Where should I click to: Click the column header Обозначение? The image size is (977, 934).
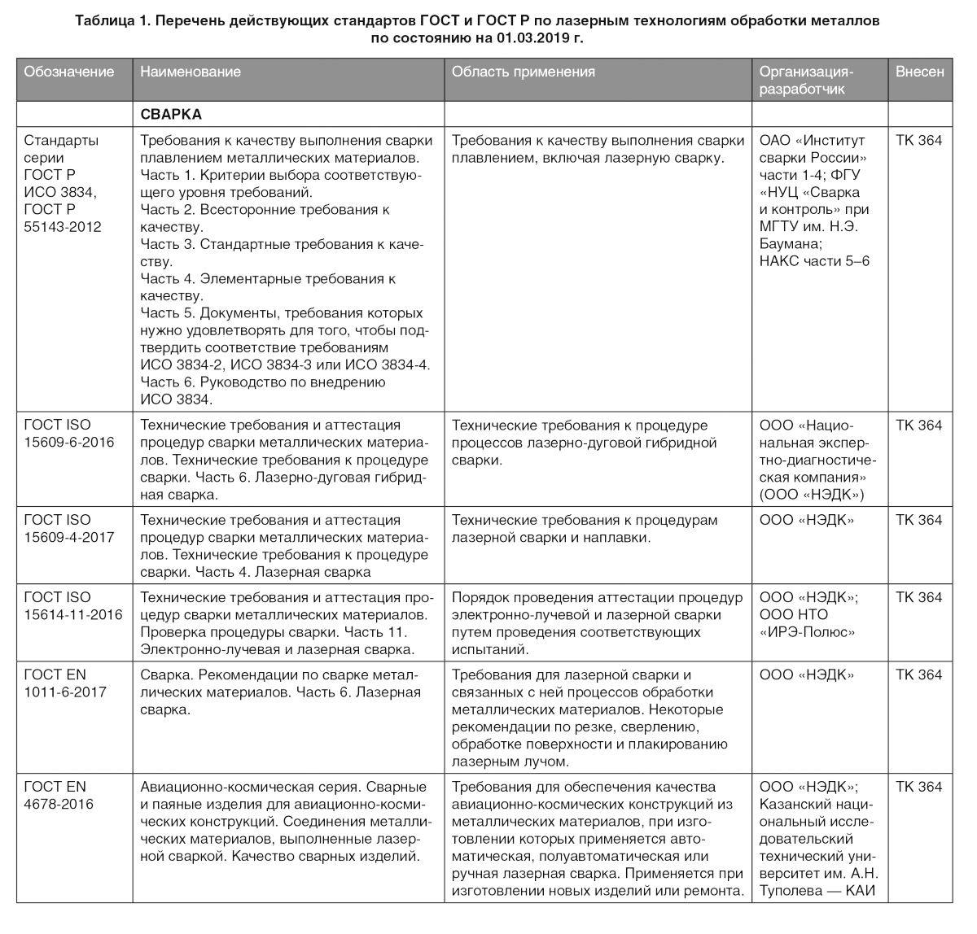pos(68,72)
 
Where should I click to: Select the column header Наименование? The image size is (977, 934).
pos(191,72)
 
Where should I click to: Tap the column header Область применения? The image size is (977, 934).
pos(523,72)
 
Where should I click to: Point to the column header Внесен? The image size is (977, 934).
pos(919,72)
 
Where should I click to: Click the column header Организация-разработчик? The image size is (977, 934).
pos(805,80)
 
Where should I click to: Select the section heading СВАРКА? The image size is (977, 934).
pos(170,115)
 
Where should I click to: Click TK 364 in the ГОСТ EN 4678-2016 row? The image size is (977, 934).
pos(918,787)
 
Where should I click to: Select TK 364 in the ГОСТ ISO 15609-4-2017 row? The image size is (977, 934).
pos(918,520)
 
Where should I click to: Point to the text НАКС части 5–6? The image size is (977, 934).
pos(814,261)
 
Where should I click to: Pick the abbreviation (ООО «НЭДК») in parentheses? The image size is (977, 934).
pos(812,494)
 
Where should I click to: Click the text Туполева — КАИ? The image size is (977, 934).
pos(817,890)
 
